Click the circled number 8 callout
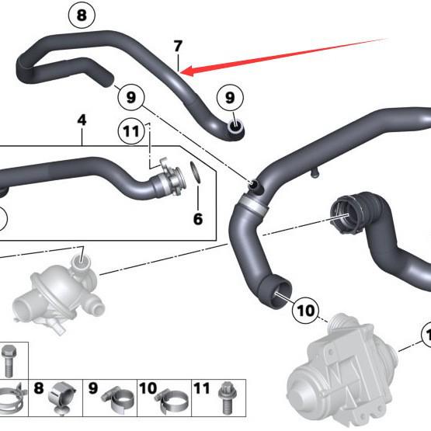tap(82, 14)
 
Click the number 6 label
tap(197, 220)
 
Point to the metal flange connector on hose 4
tap(166, 178)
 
